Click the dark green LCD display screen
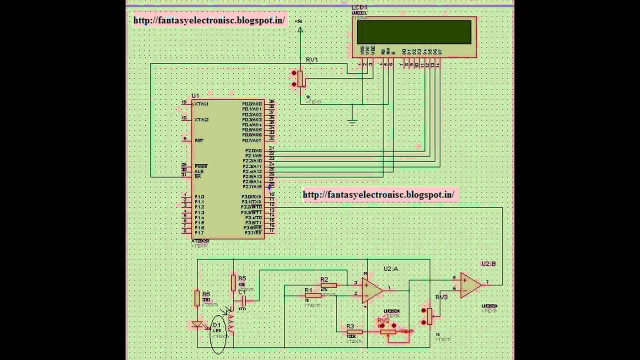[414, 32]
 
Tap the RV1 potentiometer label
[311, 60]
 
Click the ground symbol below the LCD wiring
[352, 120]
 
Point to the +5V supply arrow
[300, 30]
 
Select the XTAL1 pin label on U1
[201, 103]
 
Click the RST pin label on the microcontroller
[199, 140]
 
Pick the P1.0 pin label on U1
[199, 196]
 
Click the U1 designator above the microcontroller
[195, 95]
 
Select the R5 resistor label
[242, 278]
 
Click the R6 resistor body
[197, 298]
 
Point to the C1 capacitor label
[242, 291]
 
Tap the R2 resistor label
[324, 279]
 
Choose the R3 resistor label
[350, 326]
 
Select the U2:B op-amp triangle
[470, 285]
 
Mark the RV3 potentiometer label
[441, 297]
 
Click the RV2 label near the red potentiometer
[383, 320]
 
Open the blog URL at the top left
[209, 20]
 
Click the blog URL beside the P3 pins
[378, 194]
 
